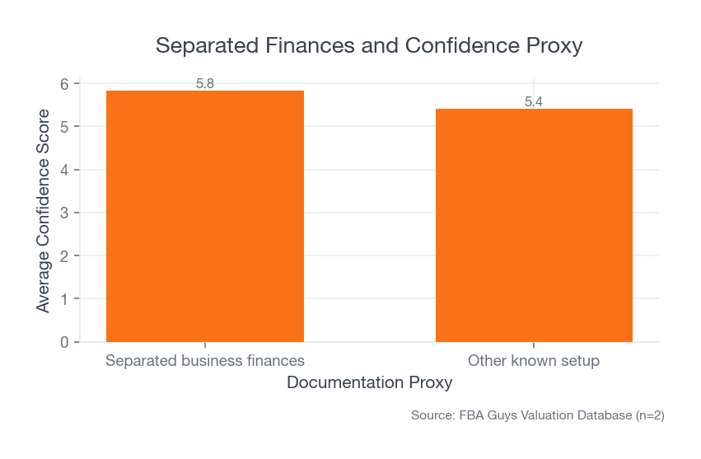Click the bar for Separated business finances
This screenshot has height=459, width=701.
point(205,216)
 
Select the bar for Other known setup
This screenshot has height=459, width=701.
point(534,225)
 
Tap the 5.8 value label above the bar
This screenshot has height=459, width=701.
point(205,83)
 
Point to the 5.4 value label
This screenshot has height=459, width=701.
point(534,102)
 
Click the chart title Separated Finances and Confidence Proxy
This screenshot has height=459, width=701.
point(369,45)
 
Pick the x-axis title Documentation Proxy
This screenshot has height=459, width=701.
point(369,383)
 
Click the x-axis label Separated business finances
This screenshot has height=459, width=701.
point(205,361)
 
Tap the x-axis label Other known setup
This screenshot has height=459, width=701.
point(534,361)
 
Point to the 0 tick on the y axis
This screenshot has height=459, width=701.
point(64,342)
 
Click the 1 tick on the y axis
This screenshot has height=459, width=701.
point(64,298)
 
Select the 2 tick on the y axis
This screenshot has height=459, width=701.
point(64,255)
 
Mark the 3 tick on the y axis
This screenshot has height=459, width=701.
point(64,213)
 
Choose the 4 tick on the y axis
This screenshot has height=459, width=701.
point(64,170)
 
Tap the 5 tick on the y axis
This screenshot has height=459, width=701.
point(64,126)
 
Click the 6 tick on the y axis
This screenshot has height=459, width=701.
point(64,83)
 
